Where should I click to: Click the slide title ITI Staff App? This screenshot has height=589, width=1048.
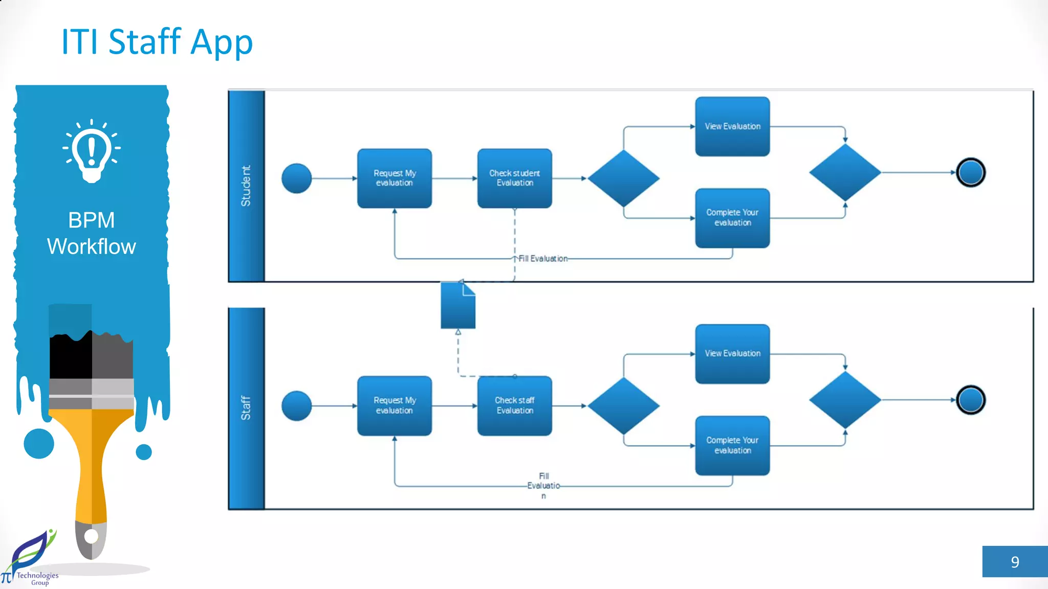coord(157,42)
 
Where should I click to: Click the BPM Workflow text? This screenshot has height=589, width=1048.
coord(92,233)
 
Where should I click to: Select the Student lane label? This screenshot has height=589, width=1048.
coord(246,186)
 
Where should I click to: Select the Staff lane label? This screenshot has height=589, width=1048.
coord(246,407)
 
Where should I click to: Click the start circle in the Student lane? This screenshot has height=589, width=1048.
coord(296,178)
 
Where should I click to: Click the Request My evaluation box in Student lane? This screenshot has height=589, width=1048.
coord(394,178)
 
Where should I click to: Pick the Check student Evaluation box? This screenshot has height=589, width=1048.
coord(514,178)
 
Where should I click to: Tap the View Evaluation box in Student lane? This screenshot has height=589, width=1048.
coord(732,126)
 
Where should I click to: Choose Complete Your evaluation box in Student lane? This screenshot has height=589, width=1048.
coord(732,218)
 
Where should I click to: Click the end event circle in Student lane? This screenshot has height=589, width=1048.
coord(971,173)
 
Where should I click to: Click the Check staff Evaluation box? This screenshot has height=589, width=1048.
coord(514,406)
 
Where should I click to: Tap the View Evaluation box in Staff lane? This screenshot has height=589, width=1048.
coord(732,354)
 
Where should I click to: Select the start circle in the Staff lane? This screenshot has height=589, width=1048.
coord(296,406)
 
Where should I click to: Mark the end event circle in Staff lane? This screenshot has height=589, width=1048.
coord(971,400)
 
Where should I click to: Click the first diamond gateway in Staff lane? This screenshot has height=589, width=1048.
coord(623,406)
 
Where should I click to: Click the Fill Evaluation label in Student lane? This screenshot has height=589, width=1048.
coord(543,259)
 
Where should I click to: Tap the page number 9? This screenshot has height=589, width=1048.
coord(1015,562)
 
